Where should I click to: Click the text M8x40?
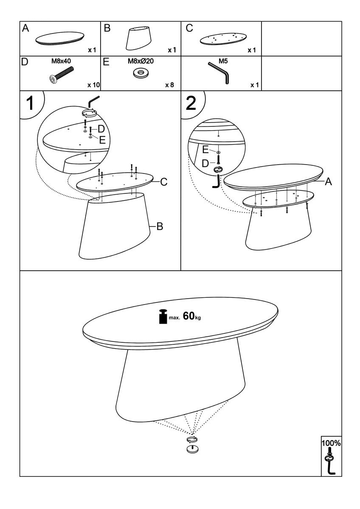point(61,61)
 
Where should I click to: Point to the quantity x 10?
point(93,85)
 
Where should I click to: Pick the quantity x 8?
point(169,85)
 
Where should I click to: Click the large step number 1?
point(30,103)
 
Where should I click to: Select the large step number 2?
point(191,103)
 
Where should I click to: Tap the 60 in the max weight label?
point(188,316)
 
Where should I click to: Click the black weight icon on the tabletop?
point(163,316)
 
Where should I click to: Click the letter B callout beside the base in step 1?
point(160,227)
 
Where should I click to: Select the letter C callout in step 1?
point(163,182)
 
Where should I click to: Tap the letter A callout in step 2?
point(328,182)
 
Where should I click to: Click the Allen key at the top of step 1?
point(93,101)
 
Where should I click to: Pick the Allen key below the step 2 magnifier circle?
point(216,182)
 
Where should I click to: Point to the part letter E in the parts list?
point(106,62)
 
